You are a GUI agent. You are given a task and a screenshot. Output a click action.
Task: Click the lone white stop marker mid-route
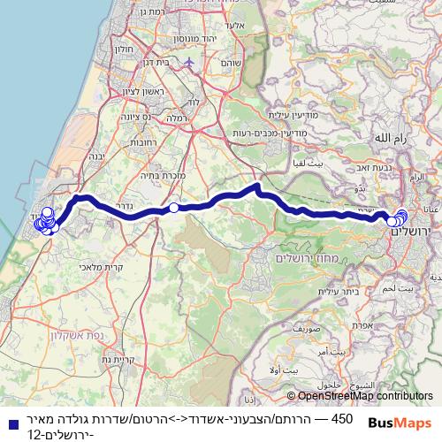coord(174,208)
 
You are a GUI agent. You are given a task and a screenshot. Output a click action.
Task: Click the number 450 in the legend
coord(340,417)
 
